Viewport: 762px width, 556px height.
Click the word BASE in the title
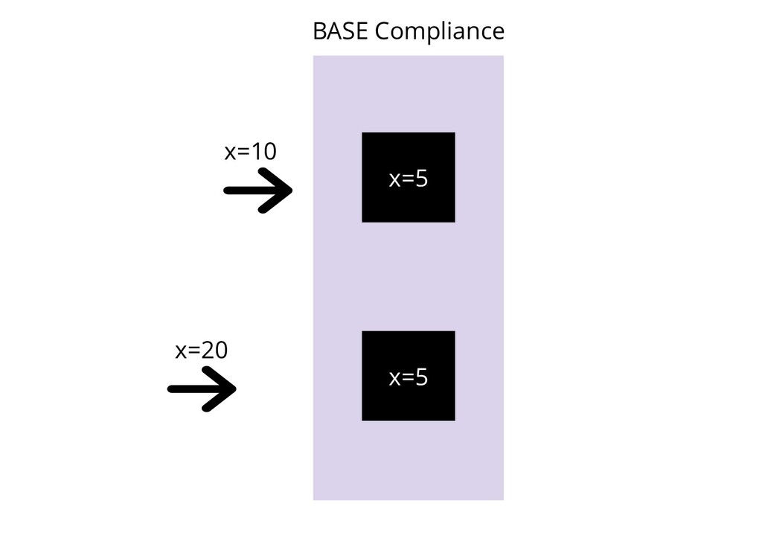[x=340, y=32]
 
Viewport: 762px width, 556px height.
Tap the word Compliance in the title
[x=439, y=32]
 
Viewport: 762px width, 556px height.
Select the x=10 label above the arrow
[x=251, y=152]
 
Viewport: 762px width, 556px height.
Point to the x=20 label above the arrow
[x=201, y=351]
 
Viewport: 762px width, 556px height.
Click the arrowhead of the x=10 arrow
[x=286, y=191]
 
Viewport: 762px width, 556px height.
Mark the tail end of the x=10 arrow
[x=228, y=191]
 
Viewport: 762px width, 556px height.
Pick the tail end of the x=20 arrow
[x=172, y=389]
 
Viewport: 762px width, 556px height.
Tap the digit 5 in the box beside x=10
[x=422, y=179]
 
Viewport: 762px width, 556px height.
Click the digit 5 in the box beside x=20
[x=422, y=378]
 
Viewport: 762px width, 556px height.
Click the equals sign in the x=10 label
[x=242, y=153]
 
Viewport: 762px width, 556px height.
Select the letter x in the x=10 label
[x=231, y=153]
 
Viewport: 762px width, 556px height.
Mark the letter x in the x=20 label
[x=181, y=352]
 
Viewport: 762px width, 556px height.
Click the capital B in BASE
[x=318, y=32]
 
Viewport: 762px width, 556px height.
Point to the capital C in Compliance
[x=382, y=32]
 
